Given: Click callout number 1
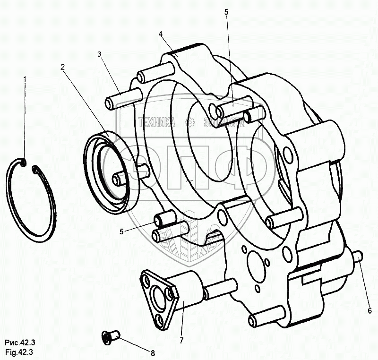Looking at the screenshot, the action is point(25,78).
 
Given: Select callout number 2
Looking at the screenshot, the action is point(62,67).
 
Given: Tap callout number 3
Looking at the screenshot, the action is point(100,54).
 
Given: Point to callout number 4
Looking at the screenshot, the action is point(161,34).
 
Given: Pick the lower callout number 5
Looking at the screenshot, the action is point(121,231).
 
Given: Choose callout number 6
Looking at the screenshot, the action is point(370,310).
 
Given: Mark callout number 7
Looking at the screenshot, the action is point(181,340).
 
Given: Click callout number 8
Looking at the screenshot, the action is point(153,352).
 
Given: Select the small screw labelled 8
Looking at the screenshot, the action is point(111,336).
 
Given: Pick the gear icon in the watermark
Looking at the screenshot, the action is point(190,123).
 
